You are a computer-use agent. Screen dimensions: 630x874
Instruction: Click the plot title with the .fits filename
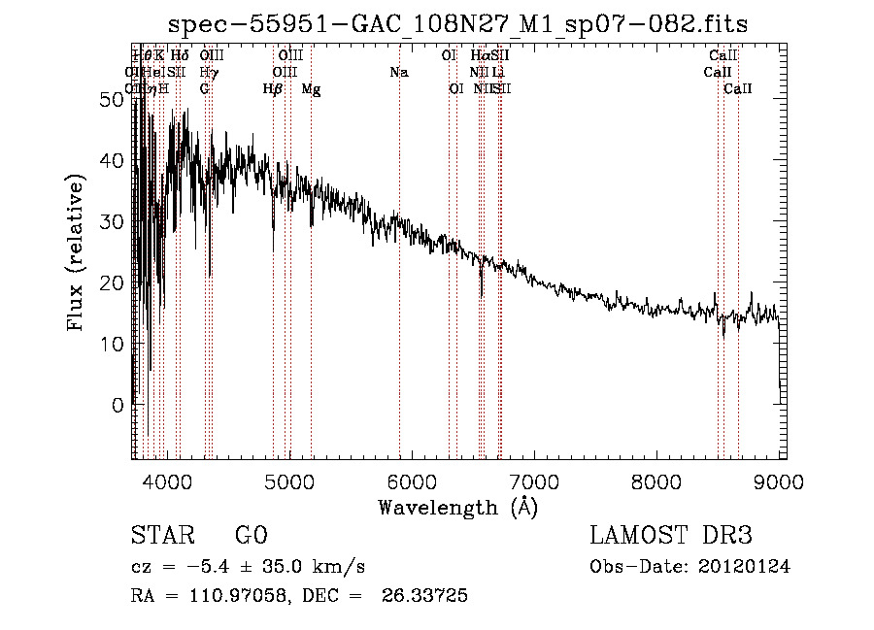(x=458, y=24)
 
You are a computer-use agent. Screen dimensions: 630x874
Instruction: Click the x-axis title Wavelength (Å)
(x=457, y=507)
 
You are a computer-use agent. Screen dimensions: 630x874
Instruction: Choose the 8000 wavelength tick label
(x=656, y=480)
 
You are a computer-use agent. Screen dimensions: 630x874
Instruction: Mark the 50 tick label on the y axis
(x=112, y=99)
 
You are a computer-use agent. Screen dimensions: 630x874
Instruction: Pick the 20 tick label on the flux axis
(x=112, y=282)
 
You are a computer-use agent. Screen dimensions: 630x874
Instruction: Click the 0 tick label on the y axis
(x=118, y=405)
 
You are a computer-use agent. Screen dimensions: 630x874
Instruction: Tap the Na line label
(x=399, y=72)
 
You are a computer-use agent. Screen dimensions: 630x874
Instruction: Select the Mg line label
(x=311, y=89)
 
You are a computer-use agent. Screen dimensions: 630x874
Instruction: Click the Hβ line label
(x=273, y=89)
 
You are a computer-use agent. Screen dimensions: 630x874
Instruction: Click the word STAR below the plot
(x=161, y=536)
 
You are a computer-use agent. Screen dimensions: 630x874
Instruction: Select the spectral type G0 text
(x=251, y=536)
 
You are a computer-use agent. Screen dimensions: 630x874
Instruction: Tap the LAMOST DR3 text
(x=670, y=536)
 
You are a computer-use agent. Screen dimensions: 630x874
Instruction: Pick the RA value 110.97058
(x=233, y=596)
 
